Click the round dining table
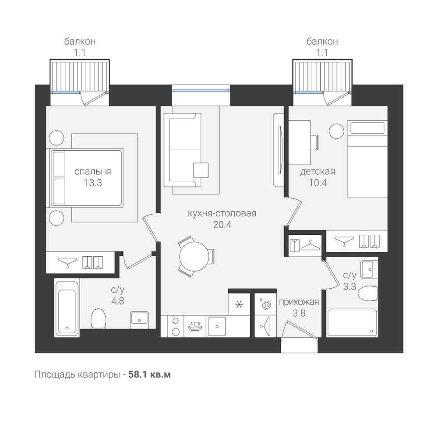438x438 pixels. click(x=194, y=257)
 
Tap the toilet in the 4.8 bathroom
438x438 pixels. click(x=98, y=318)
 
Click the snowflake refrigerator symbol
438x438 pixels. click(x=239, y=304)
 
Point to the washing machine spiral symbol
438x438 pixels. click(x=266, y=305)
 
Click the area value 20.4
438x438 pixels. click(x=223, y=225)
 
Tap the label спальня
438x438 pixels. click(x=93, y=171)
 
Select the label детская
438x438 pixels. click(x=318, y=171)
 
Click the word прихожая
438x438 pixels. click(x=299, y=302)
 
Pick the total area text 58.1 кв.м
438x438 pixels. click(x=149, y=374)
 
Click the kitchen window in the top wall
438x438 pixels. click(x=201, y=90)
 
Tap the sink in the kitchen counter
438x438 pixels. click(x=217, y=326)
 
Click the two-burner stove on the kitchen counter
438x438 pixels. click(x=176, y=326)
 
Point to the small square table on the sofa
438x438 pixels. click(x=201, y=170)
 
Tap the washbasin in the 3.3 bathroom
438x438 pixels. click(x=369, y=269)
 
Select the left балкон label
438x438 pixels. click(x=80, y=41)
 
